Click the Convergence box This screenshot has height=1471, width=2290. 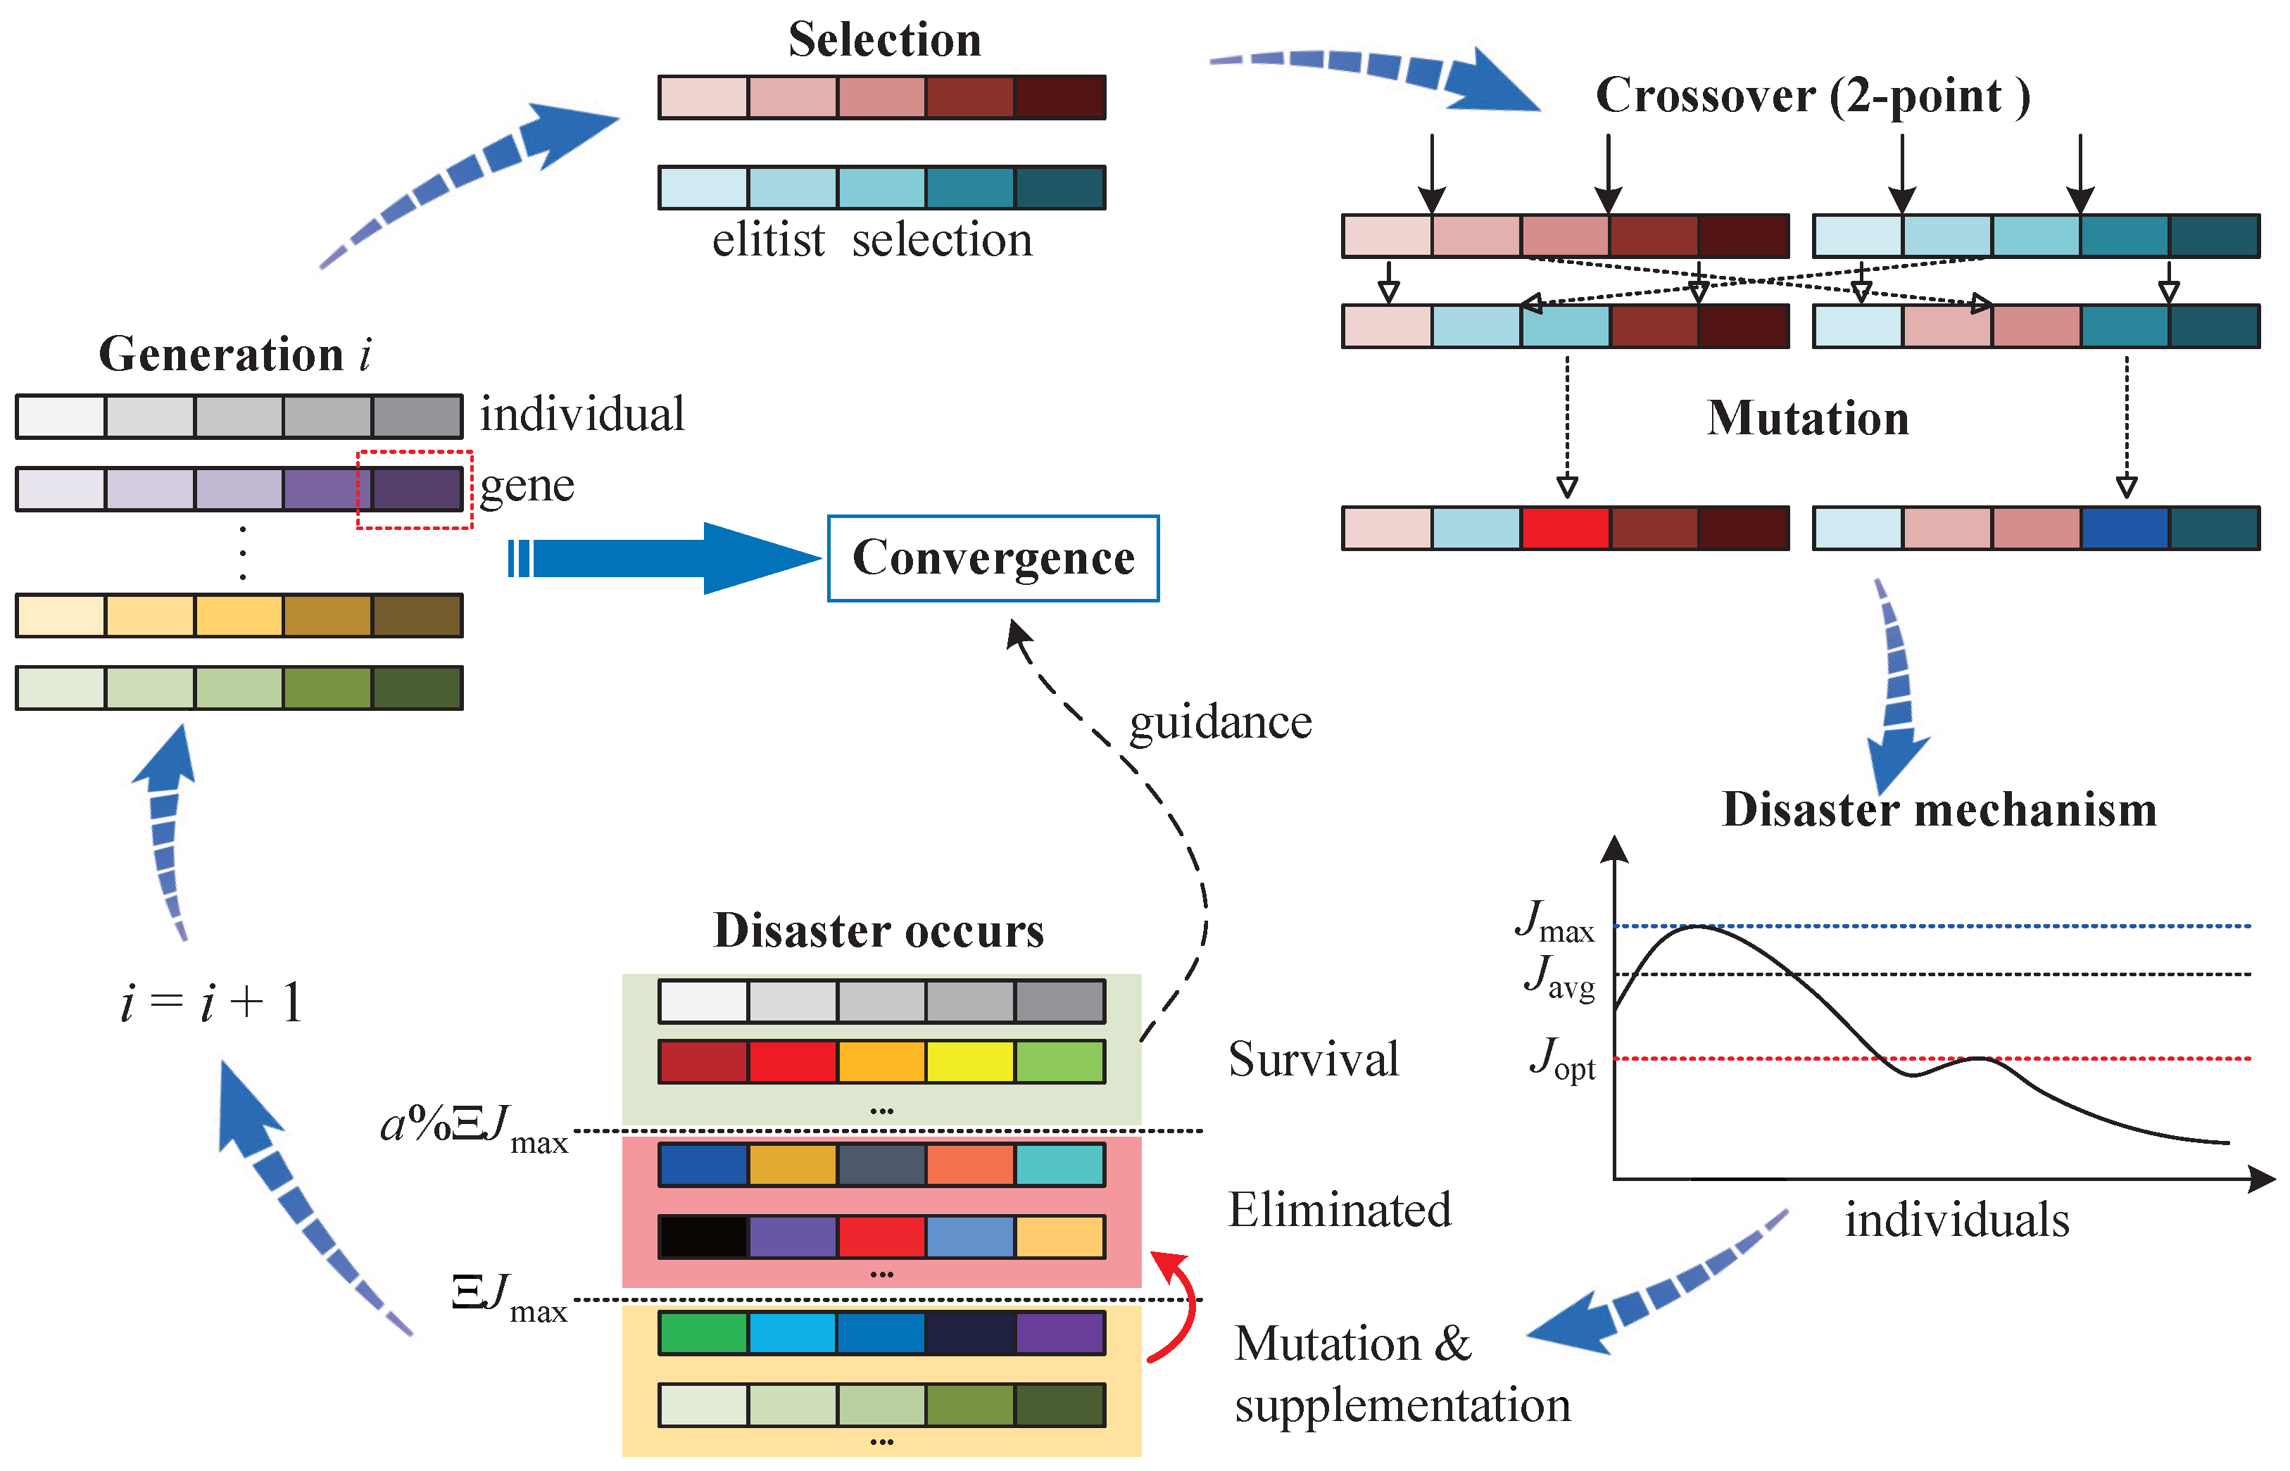tap(993, 559)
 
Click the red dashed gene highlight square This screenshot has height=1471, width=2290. tap(415, 489)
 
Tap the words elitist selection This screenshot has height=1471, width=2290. tap(872, 240)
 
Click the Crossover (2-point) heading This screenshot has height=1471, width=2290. tap(1812, 96)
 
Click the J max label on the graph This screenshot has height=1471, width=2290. tap(1555, 923)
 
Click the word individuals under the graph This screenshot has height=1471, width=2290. tap(1956, 1220)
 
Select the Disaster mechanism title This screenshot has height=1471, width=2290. tap(1939, 810)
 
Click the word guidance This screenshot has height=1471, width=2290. tap(1220, 723)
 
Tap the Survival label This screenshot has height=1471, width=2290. tap(1314, 1059)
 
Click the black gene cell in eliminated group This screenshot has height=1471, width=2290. tap(703, 1237)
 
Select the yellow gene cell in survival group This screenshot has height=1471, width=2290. tap(969, 1062)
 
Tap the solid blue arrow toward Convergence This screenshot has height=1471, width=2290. tap(669, 559)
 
